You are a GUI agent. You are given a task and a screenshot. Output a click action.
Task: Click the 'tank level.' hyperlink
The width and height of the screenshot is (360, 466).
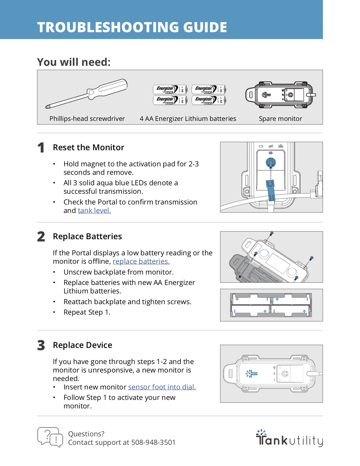coord(94,211)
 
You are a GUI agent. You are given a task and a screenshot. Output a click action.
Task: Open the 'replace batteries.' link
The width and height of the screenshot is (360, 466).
coord(141,262)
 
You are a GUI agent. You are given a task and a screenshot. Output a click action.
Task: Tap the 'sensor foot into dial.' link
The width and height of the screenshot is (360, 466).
coord(162,387)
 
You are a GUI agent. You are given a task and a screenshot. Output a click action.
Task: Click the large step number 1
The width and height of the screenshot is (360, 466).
coord(41,148)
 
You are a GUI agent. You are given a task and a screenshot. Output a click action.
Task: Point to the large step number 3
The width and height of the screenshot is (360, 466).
coord(41,345)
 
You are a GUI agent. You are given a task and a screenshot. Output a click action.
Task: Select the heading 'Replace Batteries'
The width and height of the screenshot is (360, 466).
coord(87,236)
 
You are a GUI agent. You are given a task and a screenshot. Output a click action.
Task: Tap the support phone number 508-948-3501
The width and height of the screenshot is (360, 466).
coord(153,443)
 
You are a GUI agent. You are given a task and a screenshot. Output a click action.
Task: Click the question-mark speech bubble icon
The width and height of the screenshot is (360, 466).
coord(50,437)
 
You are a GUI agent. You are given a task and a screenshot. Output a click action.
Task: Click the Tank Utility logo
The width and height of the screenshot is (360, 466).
coord(289,438)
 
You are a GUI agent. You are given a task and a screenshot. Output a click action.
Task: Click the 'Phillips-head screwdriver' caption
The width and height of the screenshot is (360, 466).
coord(87,119)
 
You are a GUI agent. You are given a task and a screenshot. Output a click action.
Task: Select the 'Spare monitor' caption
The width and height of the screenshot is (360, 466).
coord(280,119)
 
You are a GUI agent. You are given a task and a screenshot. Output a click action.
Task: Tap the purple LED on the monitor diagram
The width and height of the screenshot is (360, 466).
coord(271,153)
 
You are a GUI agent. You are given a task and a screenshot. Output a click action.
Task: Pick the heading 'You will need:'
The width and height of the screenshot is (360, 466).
coord(74,62)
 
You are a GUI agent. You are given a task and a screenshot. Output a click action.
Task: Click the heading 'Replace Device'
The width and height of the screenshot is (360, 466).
coord(82,345)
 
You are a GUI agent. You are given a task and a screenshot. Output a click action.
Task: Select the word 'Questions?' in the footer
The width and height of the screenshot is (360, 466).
coord(86,434)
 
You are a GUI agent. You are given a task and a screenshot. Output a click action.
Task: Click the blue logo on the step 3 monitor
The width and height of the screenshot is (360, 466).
coord(252,374)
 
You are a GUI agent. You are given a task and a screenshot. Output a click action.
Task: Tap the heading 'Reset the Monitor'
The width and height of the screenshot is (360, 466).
coord(88,147)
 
